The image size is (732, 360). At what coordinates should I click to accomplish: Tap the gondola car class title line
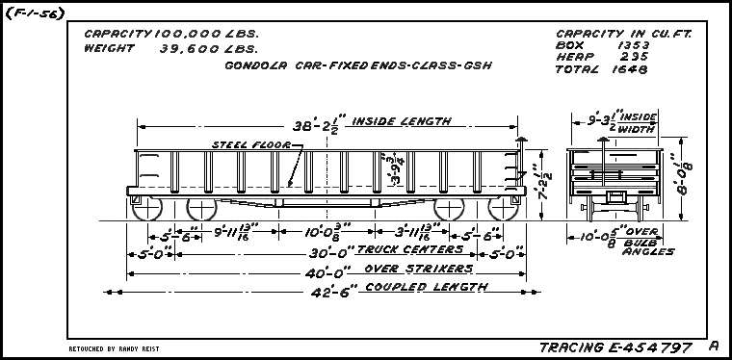(x=331, y=66)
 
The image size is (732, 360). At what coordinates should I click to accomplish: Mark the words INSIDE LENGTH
(x=402, y=121)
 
